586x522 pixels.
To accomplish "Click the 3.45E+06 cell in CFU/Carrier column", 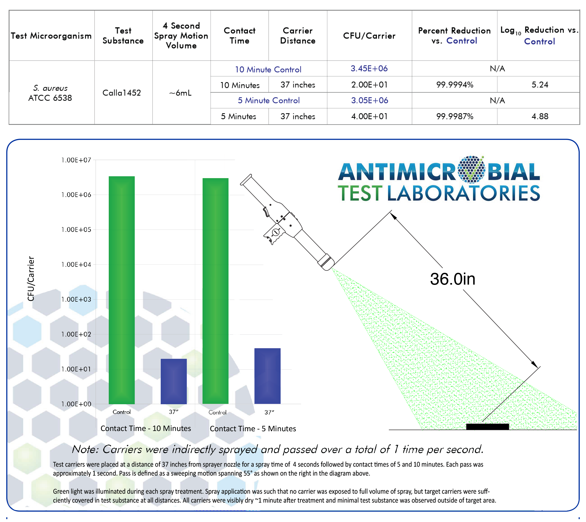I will [369, 68].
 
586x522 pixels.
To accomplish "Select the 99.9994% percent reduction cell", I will [454, 85].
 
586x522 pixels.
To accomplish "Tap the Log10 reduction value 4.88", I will [540, 116].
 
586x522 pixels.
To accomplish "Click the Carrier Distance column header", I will [298, 36].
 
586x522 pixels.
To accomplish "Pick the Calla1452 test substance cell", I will [122, 93].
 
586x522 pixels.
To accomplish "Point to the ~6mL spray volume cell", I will [180, 93].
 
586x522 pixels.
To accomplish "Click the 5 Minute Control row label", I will [269, 100].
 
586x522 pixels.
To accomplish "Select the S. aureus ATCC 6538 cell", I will [50, 93].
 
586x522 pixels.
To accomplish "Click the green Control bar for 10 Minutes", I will [122, 290].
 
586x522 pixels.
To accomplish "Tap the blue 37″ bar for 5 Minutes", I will [267, 376].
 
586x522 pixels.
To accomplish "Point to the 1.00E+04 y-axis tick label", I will [76, 264].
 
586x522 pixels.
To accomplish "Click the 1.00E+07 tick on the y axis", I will [76, 160].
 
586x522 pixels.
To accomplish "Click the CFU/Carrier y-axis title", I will [31, 279].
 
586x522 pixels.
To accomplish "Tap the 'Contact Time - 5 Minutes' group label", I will [253, 429].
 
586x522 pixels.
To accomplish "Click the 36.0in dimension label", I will [452, 279].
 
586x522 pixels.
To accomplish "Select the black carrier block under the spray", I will [487, 427].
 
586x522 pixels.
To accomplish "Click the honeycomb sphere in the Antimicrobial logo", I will [471, 170].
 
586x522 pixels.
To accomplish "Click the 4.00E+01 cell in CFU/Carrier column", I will [369, 116].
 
